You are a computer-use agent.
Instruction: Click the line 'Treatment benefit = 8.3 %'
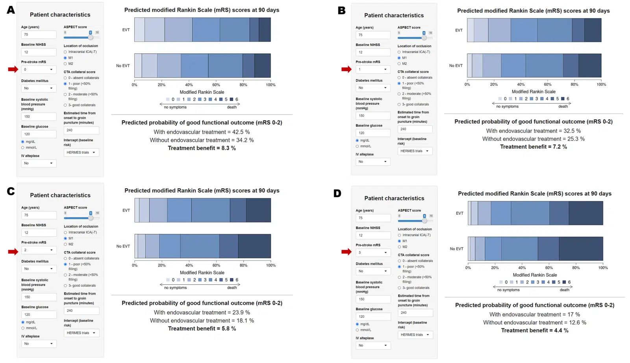tap(202, 148)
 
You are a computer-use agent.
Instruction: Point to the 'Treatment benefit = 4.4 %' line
tap(534, 330)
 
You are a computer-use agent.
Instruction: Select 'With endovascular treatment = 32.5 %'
tap(533, 131)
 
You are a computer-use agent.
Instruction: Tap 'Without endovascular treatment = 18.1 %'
tap(202, 320)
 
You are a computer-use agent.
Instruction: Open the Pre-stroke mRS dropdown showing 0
tap(39, 70)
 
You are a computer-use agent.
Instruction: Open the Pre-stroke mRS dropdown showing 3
tap(373, 252)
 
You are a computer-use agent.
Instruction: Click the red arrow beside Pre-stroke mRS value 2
tap(13, 252)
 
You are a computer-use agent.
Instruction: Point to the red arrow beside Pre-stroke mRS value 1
tap(346, 69)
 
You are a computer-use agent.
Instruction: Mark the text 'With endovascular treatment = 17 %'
tap(534, 314)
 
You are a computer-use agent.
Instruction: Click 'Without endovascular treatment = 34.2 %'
tap(202, 140)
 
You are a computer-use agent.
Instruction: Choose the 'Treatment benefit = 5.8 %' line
tap(202, 328)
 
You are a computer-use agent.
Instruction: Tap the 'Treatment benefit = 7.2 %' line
tap(533, 146)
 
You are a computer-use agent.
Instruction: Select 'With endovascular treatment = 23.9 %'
tap(202, 312)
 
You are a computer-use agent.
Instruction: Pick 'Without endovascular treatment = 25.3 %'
tap(533, 139)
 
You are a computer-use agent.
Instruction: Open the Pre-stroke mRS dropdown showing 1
tap(373, 69)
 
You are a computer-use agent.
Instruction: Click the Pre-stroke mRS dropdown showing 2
tap(39, 250)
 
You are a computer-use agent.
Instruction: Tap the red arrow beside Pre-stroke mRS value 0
tap(13, 69)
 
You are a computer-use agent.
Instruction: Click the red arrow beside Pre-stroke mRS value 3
tap(346, 252)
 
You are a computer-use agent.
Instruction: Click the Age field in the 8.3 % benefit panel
tap(39, 35)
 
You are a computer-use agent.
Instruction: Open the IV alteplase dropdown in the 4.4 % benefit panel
tap(373, 345)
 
